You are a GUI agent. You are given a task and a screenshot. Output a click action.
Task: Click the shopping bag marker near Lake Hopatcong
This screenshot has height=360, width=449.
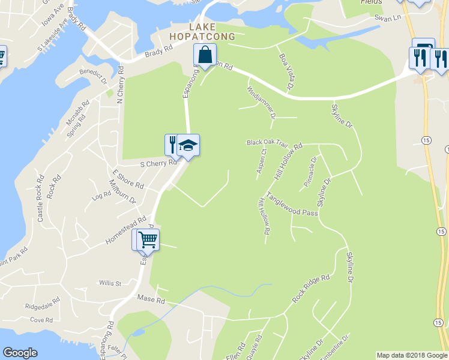[x=205, y=55]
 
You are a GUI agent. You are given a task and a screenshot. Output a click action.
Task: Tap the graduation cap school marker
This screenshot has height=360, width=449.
[x=188, y=146]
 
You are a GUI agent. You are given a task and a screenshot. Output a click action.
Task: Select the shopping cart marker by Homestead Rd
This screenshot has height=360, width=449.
[x=148, y=240]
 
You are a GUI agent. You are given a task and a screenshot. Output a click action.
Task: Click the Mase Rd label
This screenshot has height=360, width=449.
[x=151, y=298]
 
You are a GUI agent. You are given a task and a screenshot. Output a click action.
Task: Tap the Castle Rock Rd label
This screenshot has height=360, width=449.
[x=41, y=199]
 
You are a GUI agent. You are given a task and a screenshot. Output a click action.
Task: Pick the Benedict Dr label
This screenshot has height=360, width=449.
[x=94, y=76]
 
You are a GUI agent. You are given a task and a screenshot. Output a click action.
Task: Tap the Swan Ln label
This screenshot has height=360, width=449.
[x=387, y=18]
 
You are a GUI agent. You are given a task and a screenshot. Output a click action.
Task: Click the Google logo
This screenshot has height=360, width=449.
[x=20, y=353]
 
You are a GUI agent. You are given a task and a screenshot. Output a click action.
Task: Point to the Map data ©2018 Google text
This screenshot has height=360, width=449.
[x=412, y=355]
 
